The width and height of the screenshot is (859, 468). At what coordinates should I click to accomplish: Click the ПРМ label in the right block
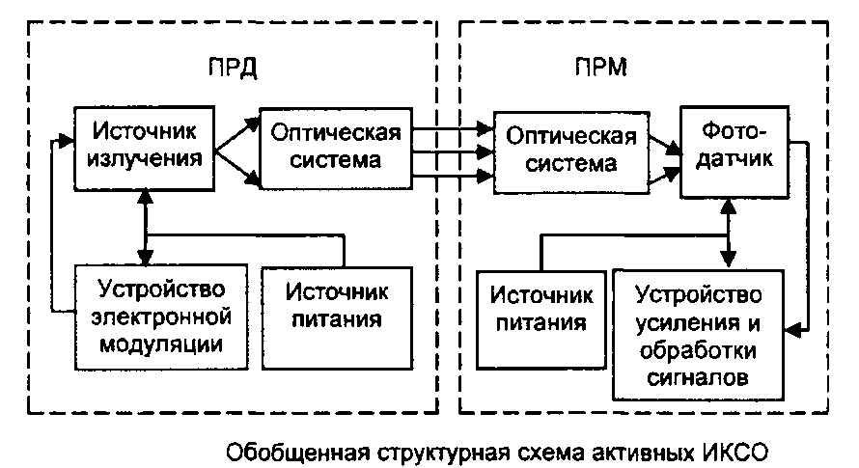(598, 69)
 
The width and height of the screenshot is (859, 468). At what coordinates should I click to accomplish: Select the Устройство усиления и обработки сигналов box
(701, 333)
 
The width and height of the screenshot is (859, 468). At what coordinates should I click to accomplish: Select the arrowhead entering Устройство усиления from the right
(796, 331)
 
